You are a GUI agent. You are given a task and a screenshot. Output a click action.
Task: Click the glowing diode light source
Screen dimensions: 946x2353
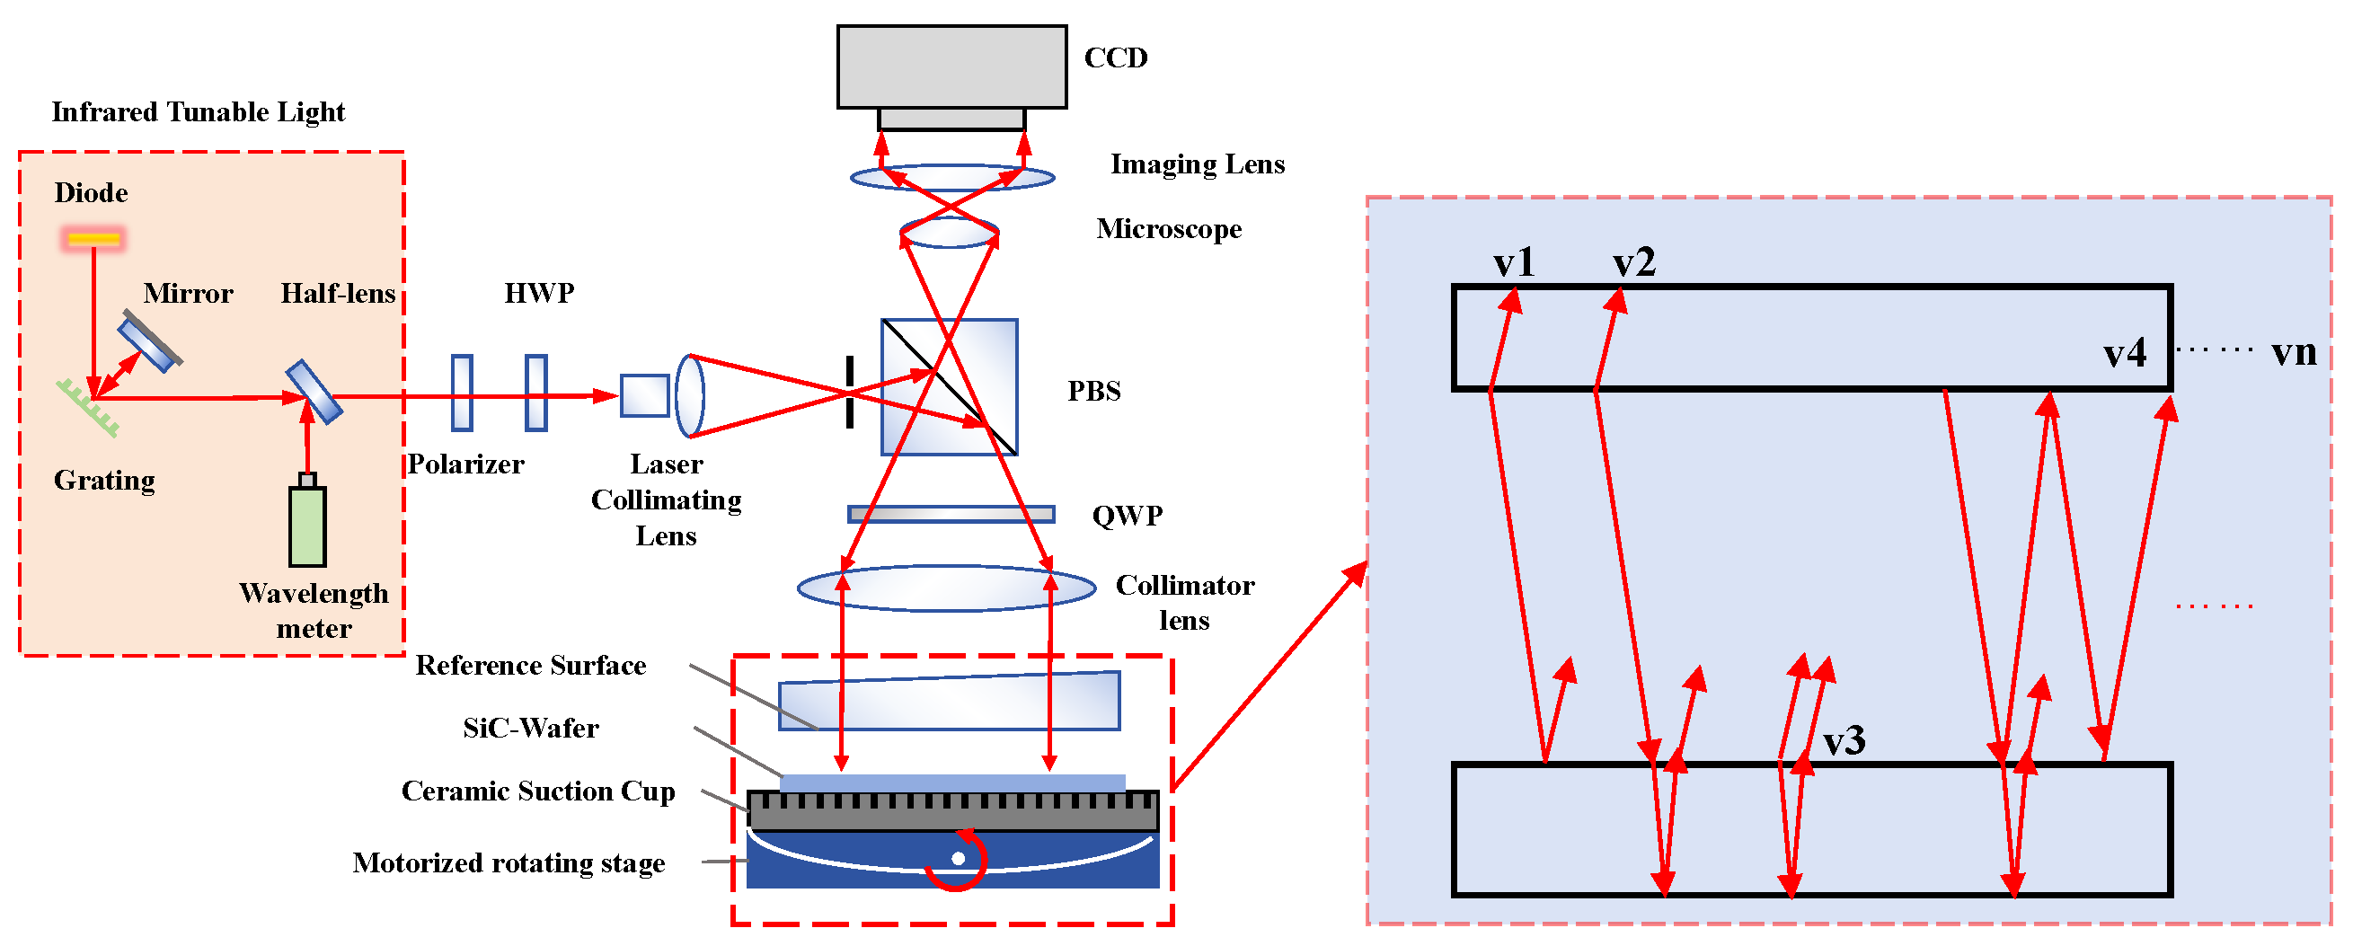[x=93, y=239]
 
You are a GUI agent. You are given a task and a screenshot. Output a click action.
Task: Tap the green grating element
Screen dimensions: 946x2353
[x=88, y=408]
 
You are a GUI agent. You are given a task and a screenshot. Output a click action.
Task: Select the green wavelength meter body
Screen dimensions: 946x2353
[x=307, y=526]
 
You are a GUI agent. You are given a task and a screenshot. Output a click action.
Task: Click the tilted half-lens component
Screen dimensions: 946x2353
[x=314, y=392]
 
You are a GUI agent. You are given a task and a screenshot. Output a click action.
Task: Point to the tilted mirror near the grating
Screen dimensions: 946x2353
[x=150, y=340]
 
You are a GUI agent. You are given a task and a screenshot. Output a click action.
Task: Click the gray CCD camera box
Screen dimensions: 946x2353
[x=951, y=66]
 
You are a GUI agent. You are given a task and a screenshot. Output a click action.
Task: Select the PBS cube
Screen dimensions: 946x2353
[x=949, y=387]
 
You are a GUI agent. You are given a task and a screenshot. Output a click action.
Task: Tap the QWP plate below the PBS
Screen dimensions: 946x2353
[x=951, y=514]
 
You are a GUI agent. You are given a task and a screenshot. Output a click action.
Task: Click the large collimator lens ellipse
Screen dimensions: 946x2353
[x=946, y=588]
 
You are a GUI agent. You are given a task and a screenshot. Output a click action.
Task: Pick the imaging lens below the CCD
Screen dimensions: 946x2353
[x=951, y=177]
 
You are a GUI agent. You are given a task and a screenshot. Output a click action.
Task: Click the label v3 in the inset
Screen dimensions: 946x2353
[x=1844, y=740]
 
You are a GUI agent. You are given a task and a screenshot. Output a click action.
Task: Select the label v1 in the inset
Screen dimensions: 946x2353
[x=1514, y=263]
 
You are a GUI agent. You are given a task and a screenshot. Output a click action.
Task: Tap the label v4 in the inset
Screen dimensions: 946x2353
[x=2124, y=352]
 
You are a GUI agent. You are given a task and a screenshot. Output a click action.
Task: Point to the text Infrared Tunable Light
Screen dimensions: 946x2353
[x=199, y=112]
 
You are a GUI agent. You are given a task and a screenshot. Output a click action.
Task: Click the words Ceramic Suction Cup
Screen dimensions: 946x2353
[x=538, y=791]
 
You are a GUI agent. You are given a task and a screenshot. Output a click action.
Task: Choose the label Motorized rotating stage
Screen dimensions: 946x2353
[x=509, y=863]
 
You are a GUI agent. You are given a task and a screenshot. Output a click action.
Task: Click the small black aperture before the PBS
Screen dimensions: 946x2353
[x=850, y=392]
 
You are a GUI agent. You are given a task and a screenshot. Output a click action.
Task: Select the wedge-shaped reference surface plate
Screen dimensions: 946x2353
[x=949, y=703]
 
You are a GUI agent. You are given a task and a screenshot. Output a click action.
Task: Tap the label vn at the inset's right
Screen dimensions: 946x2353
[x=2293, y=351]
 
